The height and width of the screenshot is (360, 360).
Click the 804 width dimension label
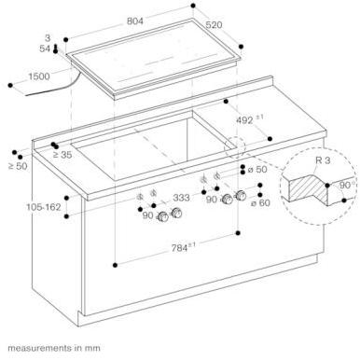pos(135,21)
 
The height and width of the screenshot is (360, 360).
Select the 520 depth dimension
pos(214,25)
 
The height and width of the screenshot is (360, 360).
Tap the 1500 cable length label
pos(39,76)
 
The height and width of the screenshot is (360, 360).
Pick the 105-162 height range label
pos(44,207)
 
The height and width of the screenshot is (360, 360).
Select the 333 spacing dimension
pos(181,198)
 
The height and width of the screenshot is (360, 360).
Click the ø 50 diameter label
pos(257,170)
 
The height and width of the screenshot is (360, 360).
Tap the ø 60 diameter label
pos(260,203)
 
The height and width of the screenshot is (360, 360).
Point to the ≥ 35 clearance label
pos(62,155)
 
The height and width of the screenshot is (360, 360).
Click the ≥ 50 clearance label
pos(18,166)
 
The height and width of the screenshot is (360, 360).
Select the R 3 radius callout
pos(323,160)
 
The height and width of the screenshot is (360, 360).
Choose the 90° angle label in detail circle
pos(344,186)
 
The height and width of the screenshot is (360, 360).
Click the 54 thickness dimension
pos(45,48)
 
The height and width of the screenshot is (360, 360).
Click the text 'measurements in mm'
pos(54,348)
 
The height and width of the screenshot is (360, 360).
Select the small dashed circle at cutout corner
pos(235,147)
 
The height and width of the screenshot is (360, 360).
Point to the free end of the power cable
pos(26,94)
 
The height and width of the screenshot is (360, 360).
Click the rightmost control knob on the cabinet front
pos(241,196)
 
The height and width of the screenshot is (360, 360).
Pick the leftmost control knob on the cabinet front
pos(163,217)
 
